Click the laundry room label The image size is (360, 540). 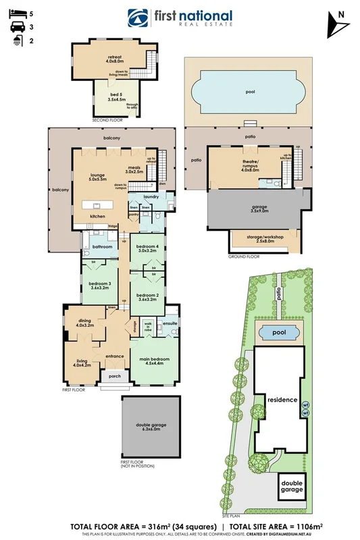point(151,196)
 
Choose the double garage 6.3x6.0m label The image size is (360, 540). point(151,425)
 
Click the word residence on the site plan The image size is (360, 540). point(281,400)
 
